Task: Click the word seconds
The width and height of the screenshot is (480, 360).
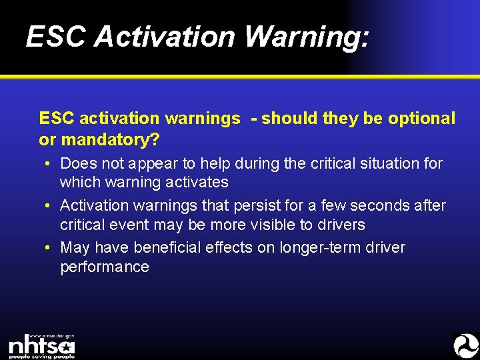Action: click(375, 205)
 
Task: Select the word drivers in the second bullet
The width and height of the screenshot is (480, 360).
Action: click(340, 224)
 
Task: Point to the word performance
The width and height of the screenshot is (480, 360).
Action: click(105, 267)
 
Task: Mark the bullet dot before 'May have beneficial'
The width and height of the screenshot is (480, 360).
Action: click(50, 248)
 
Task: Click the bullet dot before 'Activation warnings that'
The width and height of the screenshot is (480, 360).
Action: click(50, 205)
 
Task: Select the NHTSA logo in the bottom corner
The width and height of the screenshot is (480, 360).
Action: click(41, 346)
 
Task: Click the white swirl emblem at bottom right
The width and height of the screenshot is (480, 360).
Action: click(465, 345)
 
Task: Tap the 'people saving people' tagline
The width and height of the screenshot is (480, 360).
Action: click(41, 356)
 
